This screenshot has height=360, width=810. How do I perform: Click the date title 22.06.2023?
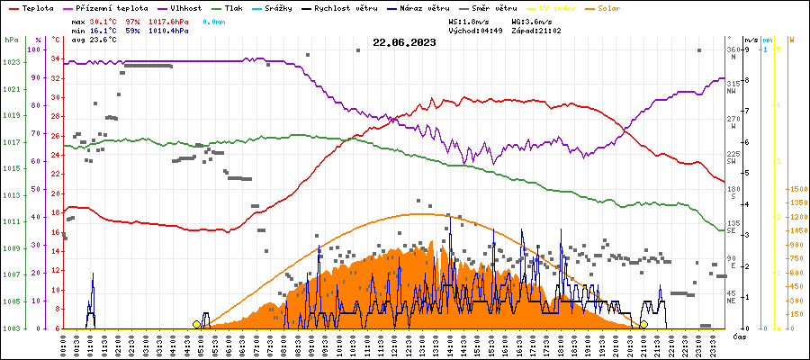pos(404,42)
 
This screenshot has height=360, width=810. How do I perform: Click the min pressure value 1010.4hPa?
pos(168,30)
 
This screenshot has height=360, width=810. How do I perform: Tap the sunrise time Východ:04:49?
pos(474,30)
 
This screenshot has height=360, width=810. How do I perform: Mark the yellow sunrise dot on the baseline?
pos(197,324)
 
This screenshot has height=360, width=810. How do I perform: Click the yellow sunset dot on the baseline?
pos(643,324)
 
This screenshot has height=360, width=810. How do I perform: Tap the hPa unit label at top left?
pos(11,40)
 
